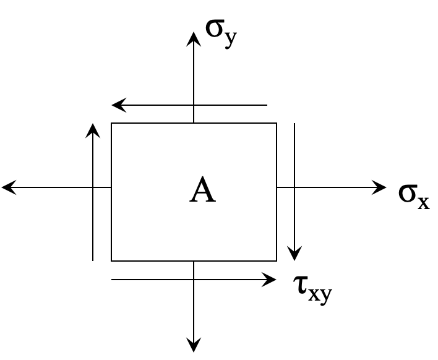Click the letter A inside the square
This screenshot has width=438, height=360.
point(202,190)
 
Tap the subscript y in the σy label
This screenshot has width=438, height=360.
point(230,38)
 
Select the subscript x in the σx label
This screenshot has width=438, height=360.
point(423,202)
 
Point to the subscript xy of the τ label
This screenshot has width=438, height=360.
point(320,293)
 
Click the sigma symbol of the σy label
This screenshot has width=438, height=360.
point(215,28)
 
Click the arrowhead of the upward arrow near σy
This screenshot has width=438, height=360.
point(194,37)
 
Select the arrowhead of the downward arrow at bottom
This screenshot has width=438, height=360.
point(194,346)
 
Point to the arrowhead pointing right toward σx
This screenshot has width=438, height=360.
point(380,187)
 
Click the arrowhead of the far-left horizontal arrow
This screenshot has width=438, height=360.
point(8,187)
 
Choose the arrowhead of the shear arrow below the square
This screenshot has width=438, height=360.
point(270,280)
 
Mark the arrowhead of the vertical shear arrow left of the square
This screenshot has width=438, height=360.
point(93,129)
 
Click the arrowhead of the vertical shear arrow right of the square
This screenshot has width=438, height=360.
point(294,255)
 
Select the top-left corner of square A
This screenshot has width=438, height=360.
point(111,123)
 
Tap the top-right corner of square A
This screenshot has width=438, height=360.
point(277,123)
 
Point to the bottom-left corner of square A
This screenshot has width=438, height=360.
point(111,261)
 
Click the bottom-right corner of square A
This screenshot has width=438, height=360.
point(277,261)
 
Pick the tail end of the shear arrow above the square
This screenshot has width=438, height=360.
point(267,106)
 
